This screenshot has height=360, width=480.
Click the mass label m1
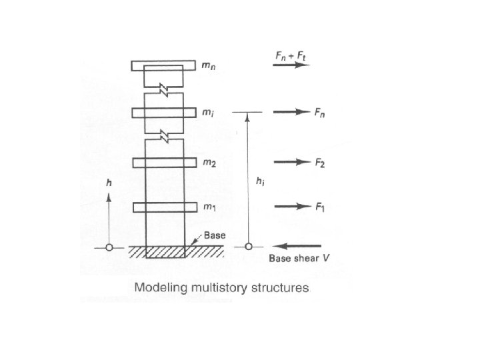(x=209, y=207)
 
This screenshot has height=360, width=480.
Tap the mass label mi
(x=209, y=113)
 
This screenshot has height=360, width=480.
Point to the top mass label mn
(x=209, y=66)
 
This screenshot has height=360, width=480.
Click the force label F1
(x=320, y=207)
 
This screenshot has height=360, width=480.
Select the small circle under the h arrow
(x=109, y=247)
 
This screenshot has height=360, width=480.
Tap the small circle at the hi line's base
(x=248, y=247)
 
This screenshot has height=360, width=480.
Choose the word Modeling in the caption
(x=162, y=289)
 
